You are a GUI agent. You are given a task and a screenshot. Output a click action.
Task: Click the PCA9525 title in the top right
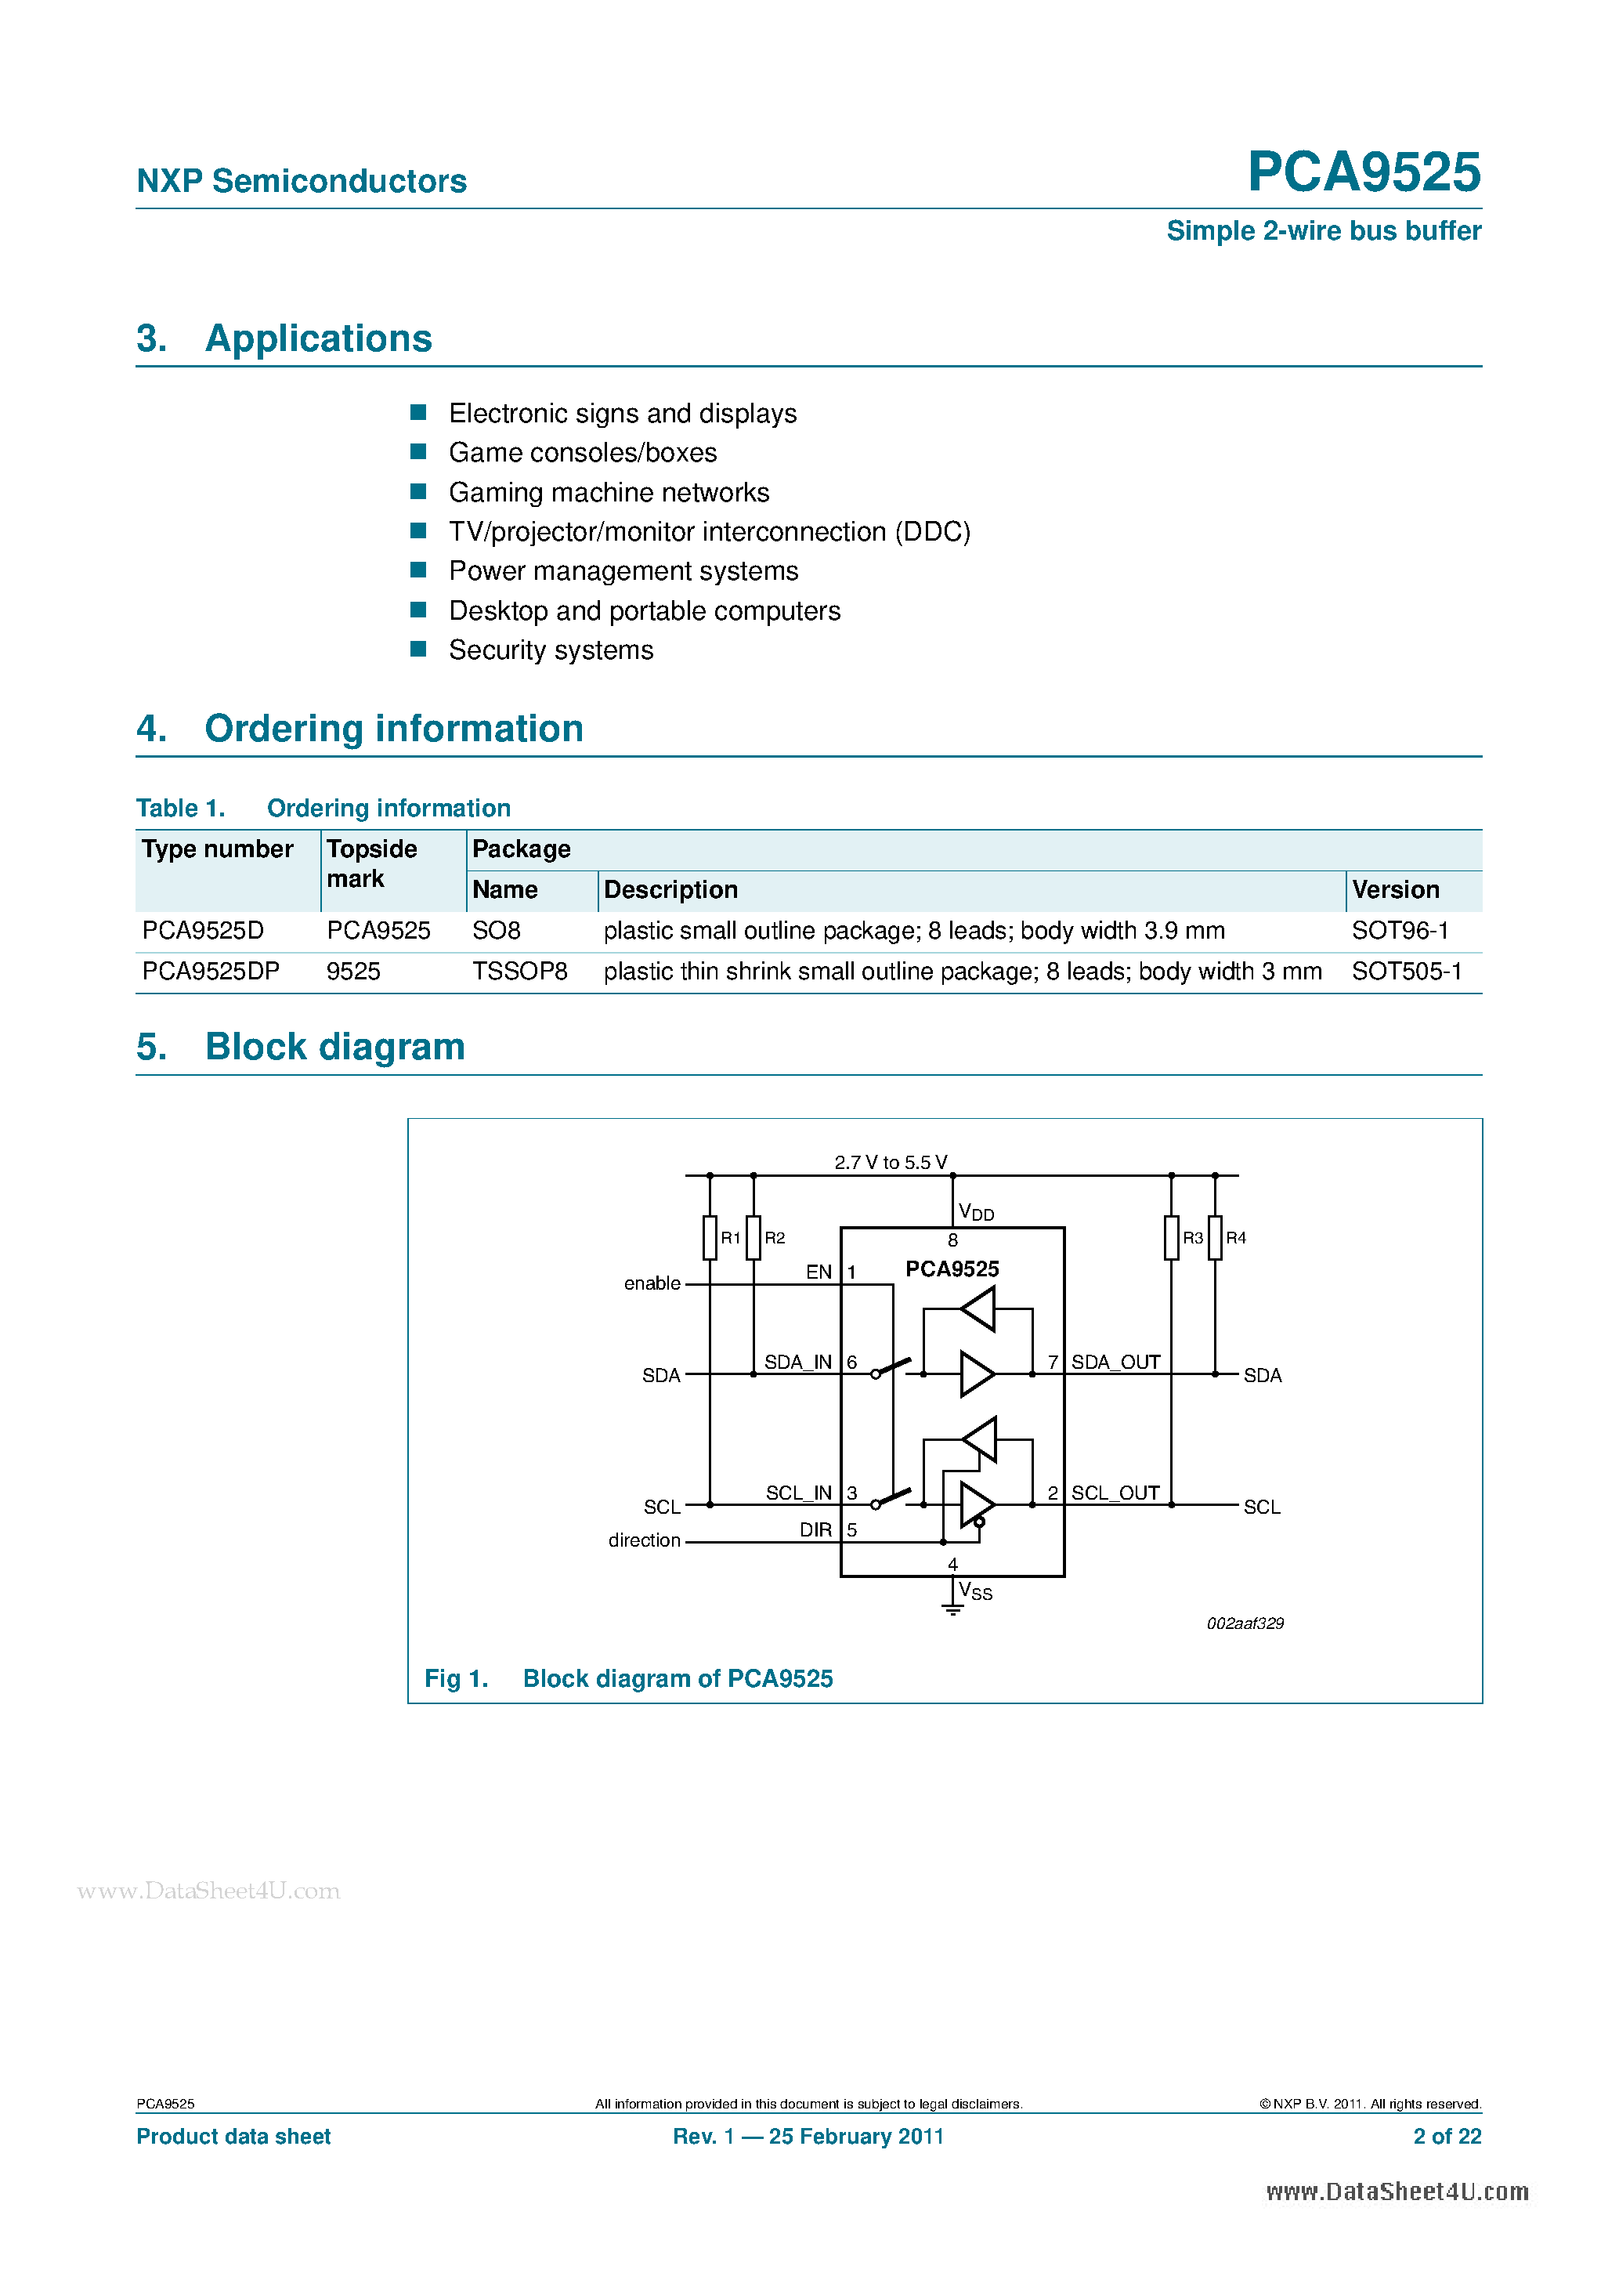[x=1363, y=172]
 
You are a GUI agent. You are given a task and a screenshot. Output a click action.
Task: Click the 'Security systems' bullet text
[x=551, y=650]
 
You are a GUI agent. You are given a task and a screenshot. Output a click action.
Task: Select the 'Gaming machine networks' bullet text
[x=609, y=493]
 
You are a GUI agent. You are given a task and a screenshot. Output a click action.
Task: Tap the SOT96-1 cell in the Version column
[x=1399, y=931]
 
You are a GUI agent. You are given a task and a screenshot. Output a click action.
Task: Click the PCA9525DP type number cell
[x=211, y=972]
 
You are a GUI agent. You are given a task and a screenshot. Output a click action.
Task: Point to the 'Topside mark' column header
[x=371, y=863]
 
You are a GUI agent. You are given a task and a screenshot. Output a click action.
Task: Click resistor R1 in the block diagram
[x=710, y=1238]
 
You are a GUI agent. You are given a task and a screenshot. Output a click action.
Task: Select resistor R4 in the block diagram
[x=1214, y=1238]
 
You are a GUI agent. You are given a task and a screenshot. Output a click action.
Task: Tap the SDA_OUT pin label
[x=1115, y=1363]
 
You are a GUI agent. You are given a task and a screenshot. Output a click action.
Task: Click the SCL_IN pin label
[x=798, y=1493]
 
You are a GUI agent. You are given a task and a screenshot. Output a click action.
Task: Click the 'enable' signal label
[x=652, y=1284]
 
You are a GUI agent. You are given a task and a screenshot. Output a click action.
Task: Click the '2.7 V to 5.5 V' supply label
[x=891, y=1164]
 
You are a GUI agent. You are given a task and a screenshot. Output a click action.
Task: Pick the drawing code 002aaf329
[x=1244, y=1624]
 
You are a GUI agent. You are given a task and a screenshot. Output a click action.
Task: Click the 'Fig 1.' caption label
[x=456, y=1679]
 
